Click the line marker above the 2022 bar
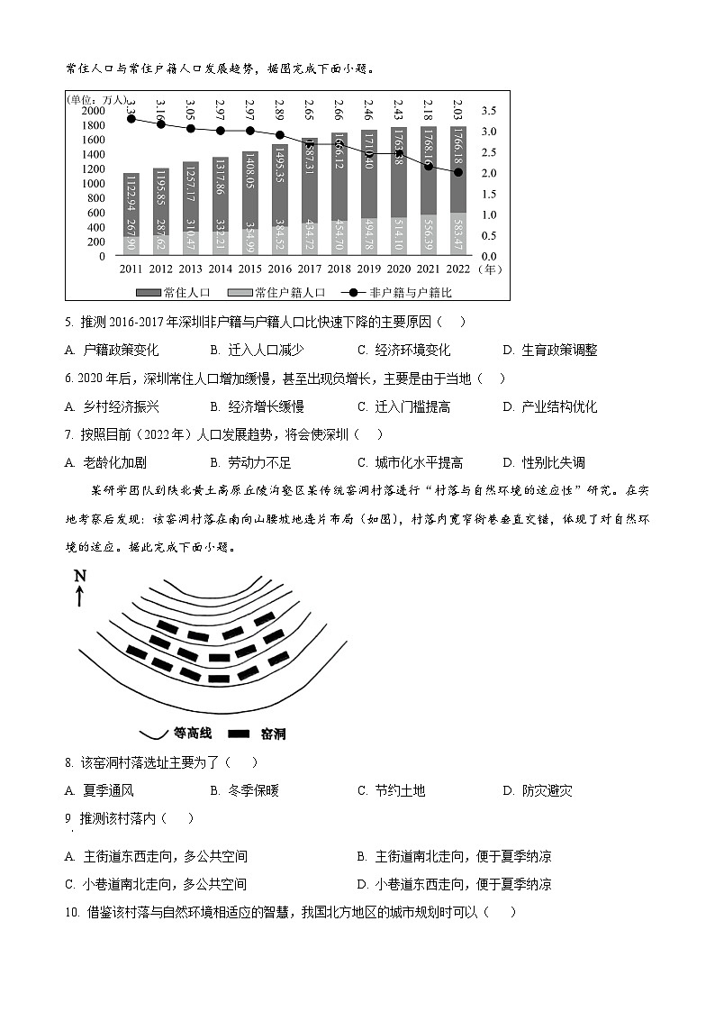pyautogui.click(x=458, y=172)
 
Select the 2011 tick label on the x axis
pyautogui.click(x=131, y=269)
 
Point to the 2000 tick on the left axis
pyautogui.click(x=93, y=110)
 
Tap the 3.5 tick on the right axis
pyautogui.click(x=488, y=110)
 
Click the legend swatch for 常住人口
pyautogui.click(x=148, y=293)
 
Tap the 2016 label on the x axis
pyautogui.click(x=280, y=269)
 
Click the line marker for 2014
pyautogui.click(x=221, y=131)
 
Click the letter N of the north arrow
pyautogui.click(x=80, y=577)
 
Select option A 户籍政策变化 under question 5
pyautogui.click(x=113, y=350)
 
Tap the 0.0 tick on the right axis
pyautogui.click(x=488, y=256)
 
